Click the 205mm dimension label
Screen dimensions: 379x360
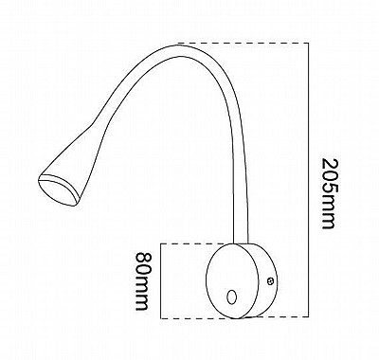[328, 193]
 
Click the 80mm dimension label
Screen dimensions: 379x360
[142, 281]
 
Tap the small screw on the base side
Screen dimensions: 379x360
[270, 280]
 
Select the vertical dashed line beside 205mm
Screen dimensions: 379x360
[309, 180]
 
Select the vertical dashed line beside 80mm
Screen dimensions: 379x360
[161, 281]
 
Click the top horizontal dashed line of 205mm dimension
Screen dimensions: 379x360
[244, 43]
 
